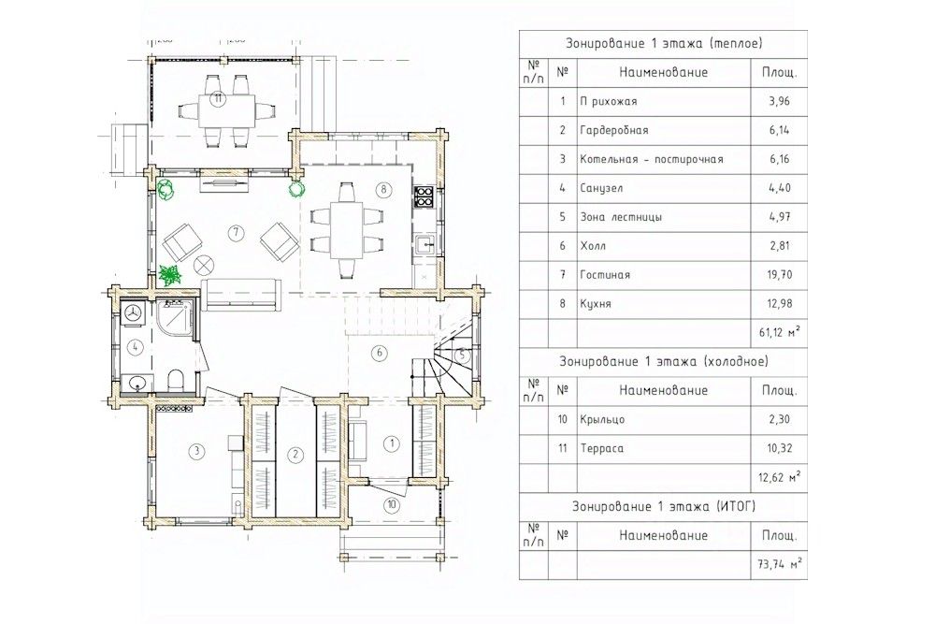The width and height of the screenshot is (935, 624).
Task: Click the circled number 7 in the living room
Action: coord(237,232)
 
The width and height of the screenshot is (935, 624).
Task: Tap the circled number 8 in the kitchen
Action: coord(382,190)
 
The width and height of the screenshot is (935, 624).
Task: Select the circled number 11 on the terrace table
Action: coord(219,99)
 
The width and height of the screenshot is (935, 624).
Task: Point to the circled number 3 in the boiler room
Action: coord(195,451)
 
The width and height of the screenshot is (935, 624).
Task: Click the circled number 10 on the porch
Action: coord(391,505)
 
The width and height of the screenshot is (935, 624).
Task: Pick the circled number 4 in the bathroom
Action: coord(136,346)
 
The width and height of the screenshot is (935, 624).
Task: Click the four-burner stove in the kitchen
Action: coord(424,196)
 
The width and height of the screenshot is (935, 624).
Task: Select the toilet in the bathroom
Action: coord(177,380)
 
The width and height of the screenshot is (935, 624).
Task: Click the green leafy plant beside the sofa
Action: coord(170,275)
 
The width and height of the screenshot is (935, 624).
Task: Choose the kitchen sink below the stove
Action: coord(424,244)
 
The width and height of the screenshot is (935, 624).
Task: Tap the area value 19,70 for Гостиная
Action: coord(780,275)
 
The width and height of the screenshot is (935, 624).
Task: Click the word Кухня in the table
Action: coord(595,304)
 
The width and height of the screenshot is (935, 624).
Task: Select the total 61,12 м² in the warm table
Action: coord(780,332)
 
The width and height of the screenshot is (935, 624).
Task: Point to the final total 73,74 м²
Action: coord(780,564)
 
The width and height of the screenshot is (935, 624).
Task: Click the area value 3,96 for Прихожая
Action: coord(780,101)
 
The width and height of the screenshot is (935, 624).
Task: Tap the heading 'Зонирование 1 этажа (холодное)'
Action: coord(664,361)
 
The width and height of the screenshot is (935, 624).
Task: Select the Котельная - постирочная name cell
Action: coord(664,159)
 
